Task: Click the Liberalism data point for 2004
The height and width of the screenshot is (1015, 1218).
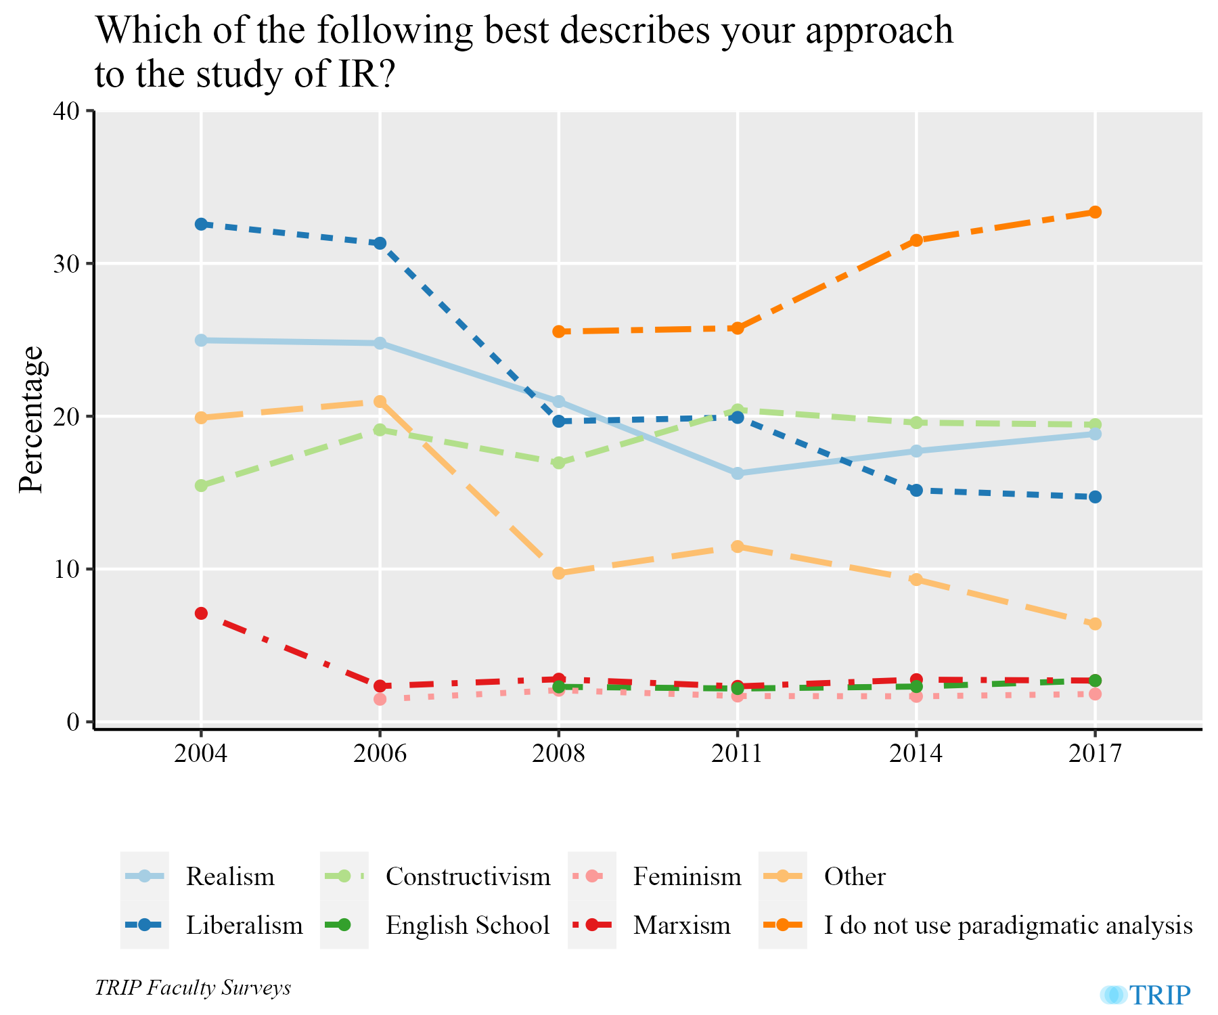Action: (x=201, y=224)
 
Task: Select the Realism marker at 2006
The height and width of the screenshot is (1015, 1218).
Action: (x=380, y=343)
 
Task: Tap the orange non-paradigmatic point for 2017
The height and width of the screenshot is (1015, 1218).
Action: (x=1095, y=212)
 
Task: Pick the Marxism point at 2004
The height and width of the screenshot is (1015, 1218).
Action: (x=201, y=613)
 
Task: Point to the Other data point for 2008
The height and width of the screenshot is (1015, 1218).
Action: (x=558, y=573)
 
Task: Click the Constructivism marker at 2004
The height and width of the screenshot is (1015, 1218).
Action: (x=201, y=485)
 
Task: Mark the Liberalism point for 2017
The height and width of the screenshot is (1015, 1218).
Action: (x=1095, y=497)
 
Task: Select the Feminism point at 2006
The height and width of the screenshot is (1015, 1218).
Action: (x=380, y=699)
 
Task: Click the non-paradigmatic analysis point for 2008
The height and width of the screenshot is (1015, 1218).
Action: (x=558, y=332)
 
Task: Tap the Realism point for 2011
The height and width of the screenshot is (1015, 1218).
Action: (x=737, y=473)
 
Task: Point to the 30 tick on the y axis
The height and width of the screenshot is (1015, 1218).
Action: (x=65, y=263)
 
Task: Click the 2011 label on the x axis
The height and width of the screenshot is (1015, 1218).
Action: (x=737, y=753)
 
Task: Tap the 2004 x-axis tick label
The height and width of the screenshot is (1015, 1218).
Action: (x=201, y=753)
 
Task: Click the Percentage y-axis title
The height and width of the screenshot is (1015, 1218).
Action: (x=31, y=420)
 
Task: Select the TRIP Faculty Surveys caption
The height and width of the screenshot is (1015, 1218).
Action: (x=193, y=988)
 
